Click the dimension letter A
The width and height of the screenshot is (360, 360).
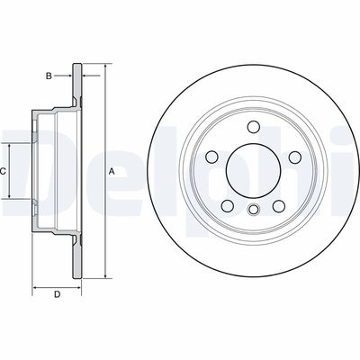pos(112,172)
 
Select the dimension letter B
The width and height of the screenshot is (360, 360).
pos(49,76)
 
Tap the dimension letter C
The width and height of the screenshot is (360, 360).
pos(3,172)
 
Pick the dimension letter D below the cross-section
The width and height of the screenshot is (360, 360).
pos(57,294)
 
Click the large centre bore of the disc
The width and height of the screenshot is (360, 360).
pos(253,170)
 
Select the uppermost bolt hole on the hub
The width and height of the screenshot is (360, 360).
pos(254,127)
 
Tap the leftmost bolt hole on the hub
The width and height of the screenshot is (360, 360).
pos(211,157)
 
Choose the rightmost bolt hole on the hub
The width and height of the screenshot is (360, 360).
pos(295,157)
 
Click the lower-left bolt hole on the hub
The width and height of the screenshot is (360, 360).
pos(228,206)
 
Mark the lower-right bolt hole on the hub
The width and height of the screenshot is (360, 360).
pos(279,206)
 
